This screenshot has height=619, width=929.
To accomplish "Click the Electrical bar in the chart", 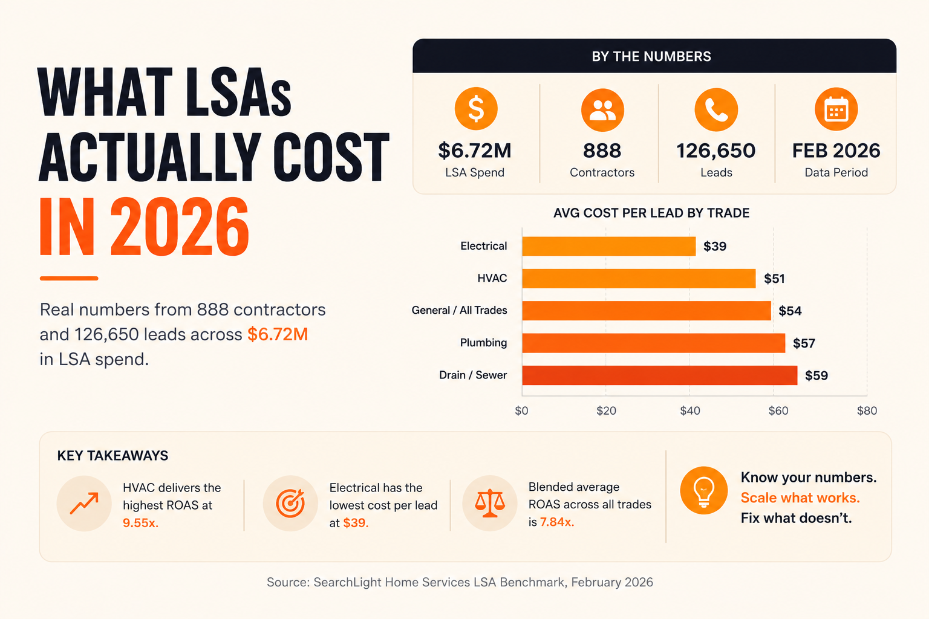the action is [x=609, y=246].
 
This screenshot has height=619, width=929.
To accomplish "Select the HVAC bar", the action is [x=639, y=278].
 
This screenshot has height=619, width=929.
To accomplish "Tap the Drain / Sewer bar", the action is [x=659, y=375].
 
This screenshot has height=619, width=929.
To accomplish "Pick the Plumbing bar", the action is [x=654, y=343].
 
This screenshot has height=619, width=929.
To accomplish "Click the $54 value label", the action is [x=790, y=311].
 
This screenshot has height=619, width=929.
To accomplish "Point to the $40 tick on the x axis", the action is [x=690, y=410].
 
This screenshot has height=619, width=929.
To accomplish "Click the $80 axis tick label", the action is [x=867, y=410].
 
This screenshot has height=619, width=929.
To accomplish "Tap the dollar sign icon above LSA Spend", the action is [x=476, y=109].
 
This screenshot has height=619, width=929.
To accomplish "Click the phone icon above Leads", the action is [x=716, y=109].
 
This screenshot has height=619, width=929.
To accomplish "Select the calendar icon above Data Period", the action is [x=836, y=109].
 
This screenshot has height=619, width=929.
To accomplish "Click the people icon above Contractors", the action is [x=602, y=110].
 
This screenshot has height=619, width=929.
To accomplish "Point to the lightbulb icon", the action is [x=704, y=490].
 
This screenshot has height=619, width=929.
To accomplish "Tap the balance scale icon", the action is [x=490, y=503].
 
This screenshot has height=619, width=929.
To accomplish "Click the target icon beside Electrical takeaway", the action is [x=290, y=504].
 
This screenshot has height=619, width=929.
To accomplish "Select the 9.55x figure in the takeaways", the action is [x=140, y=523].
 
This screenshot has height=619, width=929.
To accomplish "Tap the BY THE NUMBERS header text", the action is [x=651, y=56].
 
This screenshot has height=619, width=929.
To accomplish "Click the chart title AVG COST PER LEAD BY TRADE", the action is [x=651, y=213].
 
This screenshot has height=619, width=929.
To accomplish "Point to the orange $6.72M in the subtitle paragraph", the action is [x=278, y=334].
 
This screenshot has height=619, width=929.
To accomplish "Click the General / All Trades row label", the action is [x=459, y=310].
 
